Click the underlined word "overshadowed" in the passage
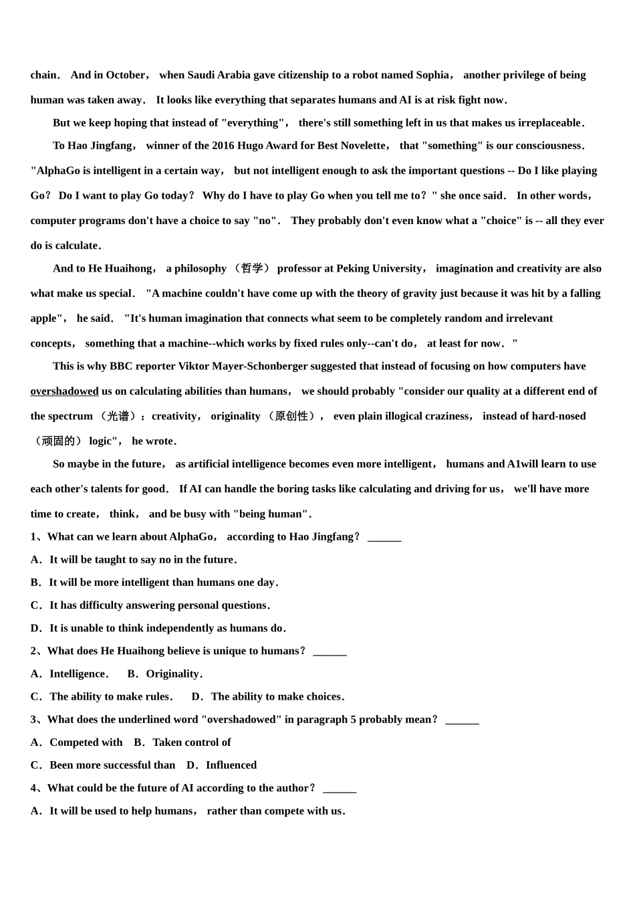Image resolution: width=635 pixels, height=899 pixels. (64, 391)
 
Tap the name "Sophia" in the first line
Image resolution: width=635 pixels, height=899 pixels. (432, 75)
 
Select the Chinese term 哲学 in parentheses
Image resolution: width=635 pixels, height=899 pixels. (252, 269)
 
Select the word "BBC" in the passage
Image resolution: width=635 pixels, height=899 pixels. (122, 367)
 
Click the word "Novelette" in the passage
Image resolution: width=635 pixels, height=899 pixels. (360, 146)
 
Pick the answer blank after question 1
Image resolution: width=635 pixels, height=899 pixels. (384, 537)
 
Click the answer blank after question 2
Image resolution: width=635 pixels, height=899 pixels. (330, 652)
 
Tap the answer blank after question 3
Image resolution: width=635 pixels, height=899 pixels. (462, 720)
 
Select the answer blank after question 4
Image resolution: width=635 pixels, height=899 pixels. (340, 789)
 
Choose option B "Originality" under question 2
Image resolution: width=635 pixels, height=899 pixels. (172, 674)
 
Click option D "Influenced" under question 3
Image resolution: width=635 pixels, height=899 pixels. (231, 765)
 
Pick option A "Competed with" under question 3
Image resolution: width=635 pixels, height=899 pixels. (86, 742)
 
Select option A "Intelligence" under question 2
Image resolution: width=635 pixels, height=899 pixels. (78, 674)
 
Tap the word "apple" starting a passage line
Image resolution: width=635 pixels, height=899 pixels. (45, 318)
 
